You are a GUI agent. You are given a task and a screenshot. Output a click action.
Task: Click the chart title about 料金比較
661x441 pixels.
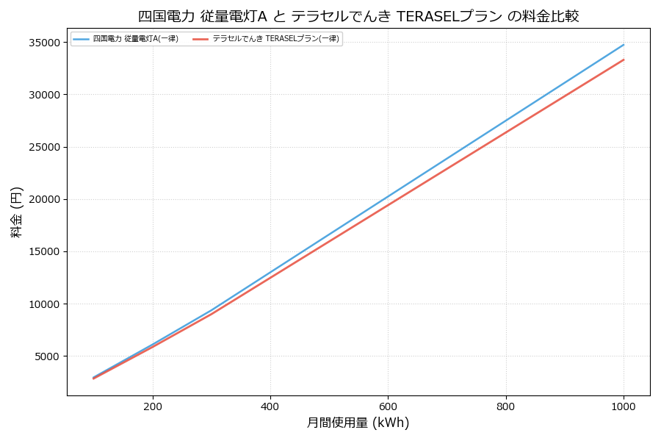click(358, 16)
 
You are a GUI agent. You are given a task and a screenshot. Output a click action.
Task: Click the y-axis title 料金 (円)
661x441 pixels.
click(16, 212)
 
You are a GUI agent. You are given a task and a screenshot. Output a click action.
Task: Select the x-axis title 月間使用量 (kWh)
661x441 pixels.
click(358, 423)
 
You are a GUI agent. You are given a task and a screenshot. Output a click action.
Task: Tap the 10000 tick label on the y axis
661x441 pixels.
click(45, 304)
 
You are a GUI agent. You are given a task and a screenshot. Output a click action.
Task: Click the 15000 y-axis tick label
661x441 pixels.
click(45, 251)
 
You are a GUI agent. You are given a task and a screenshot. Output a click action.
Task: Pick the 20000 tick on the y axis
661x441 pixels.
click(45, 199)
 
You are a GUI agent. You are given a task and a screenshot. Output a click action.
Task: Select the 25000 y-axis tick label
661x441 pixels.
click(45, 147)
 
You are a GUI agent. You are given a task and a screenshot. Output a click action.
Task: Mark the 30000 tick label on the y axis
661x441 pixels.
click(45, 95)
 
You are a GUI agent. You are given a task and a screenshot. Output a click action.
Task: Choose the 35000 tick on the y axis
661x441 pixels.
click(45, 43)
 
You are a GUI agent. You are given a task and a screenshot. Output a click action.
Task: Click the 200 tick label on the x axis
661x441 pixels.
click(153, 406)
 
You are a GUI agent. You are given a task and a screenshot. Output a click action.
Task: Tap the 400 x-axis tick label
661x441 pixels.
click(270, 406)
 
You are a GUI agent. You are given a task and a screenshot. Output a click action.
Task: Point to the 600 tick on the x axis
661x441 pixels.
click(388, 406)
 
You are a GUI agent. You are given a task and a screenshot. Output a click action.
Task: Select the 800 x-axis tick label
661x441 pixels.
click(506, 406)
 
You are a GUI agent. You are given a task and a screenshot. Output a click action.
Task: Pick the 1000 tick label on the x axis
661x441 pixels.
click(624, 406)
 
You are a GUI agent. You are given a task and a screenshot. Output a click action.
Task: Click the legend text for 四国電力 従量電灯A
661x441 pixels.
click(136, 39)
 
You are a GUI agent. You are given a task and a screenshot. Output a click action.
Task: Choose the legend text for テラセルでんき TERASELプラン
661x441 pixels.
click(276, 39)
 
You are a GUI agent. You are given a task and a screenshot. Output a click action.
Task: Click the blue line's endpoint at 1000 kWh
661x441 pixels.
click(624, 44)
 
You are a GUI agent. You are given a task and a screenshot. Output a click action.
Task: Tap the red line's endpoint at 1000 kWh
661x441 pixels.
click(624, 60)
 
